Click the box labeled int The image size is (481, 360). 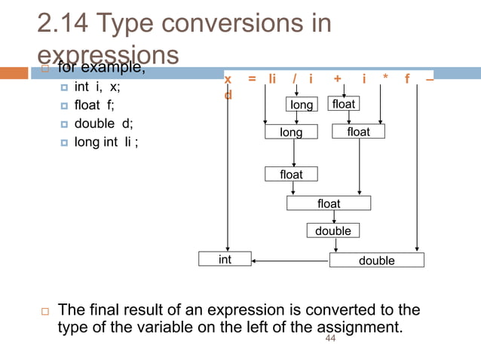point(225,260)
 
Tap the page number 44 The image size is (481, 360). point(329,340)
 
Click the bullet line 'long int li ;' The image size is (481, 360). point(106,142)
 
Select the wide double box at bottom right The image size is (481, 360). point(376,261)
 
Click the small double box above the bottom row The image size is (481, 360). point(333,231)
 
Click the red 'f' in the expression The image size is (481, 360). point(408,79)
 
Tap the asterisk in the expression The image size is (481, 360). point(385,79)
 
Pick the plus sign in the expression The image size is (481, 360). point(337,79)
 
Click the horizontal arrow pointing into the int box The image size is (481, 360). point(290,261)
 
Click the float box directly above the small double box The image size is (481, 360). point(329,203)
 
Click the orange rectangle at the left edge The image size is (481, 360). point(14,74)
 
